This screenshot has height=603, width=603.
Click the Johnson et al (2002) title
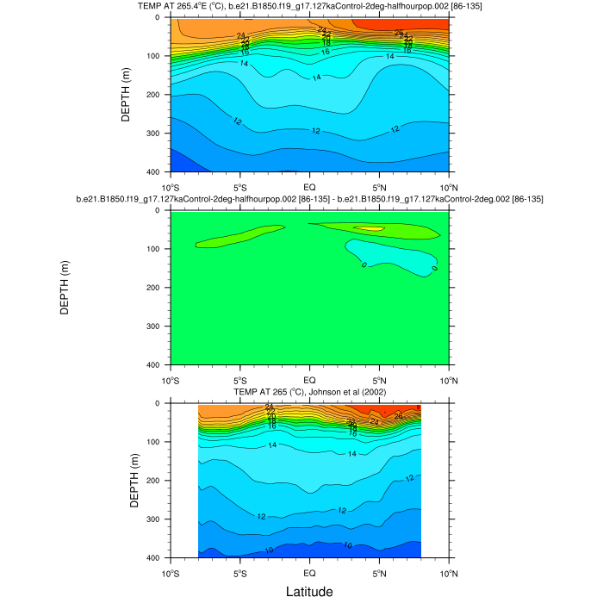(x=309, y=393)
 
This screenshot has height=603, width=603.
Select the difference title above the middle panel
(x=309, y=199)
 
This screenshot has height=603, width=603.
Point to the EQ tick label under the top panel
(x=310, y=187)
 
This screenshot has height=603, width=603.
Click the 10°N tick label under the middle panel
(x=450, y=380)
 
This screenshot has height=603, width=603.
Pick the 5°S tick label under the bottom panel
(x=240, y=573)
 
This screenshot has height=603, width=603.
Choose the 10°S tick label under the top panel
(x=171, y=187)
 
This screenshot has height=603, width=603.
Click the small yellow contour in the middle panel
(x=371, y=228)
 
